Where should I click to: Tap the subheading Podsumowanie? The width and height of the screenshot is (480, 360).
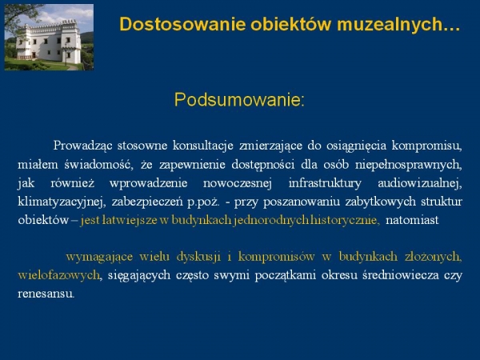[239, 99]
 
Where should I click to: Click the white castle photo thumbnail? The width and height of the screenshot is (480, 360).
[49, 37]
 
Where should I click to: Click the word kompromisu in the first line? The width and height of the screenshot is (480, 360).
[426, 146]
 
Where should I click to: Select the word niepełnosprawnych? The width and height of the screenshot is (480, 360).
[408, 165]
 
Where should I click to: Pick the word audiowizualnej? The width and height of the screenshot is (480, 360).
[420, 183]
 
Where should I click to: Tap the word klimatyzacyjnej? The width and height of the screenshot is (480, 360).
[62, 202]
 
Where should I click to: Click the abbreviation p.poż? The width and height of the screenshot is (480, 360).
[203, 202]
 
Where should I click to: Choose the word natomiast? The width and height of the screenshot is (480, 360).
[412, 220]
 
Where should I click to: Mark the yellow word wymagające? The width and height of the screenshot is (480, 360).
[99, 257]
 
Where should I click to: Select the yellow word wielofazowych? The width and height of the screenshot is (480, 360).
[59, 275]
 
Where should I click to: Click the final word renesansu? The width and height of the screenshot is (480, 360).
[46, 294]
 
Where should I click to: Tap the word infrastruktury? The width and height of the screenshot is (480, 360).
[325, 183]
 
